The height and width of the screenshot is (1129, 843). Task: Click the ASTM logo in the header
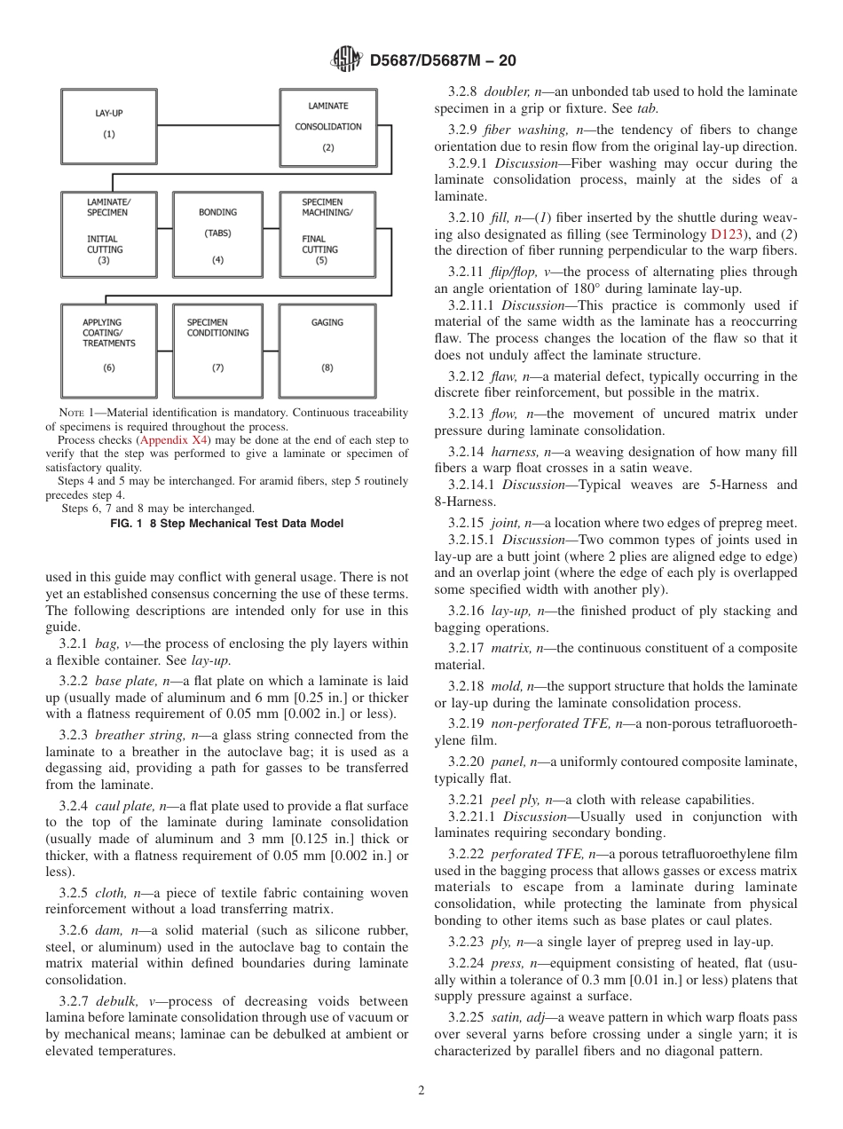click(x=346, y=60)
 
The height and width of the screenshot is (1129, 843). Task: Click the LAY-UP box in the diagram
click(x=108, y=125)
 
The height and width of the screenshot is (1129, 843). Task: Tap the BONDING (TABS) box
click(x=217, y=234)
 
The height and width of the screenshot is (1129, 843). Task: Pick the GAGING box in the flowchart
click(x=327, y=350)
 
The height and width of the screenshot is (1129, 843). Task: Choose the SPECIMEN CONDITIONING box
click(x=217, y=350)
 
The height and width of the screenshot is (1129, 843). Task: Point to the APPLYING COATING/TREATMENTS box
click(x=108, y=350)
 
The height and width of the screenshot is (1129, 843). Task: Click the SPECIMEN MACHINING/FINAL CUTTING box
click(x=327, y=234)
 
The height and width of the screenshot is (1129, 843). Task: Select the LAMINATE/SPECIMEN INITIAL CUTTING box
click(x=108, y=234)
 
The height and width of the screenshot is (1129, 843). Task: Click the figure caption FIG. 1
click(x=226, y=524)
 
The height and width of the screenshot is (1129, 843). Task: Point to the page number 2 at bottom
click(x=421, y=1091)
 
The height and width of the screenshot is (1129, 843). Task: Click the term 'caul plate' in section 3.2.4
click(x=127, y=806)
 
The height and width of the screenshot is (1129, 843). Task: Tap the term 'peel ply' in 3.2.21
click(x=516, y=800)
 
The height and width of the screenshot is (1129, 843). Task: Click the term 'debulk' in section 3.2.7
click(x=116, y=1001)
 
